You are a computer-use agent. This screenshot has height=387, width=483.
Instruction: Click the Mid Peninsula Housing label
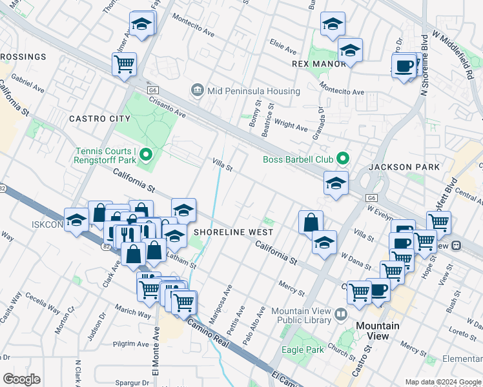[x=254, y=92]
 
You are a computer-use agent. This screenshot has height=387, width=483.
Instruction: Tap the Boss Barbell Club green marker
[x=343, y=158]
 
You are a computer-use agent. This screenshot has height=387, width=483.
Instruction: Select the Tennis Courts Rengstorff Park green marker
[x=145, y=154]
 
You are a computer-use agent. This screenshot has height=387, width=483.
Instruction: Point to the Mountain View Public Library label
[x=300, y=315]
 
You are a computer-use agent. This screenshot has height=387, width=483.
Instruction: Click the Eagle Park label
[x=303, y=350]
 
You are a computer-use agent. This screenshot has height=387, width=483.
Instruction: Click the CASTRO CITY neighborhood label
[x=99, y=119]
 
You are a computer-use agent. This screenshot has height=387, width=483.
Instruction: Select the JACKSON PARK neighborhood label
[x=404, y=167]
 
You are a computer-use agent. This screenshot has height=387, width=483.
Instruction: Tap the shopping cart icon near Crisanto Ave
[x=124, y=64]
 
